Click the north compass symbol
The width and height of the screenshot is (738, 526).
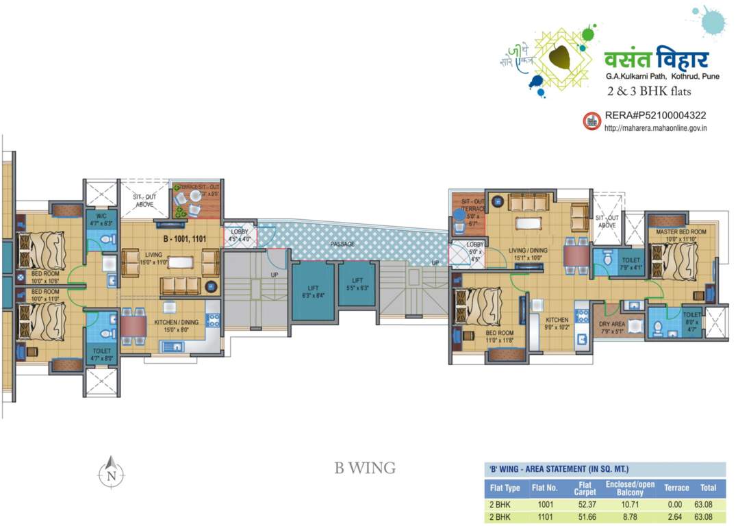pos(110,473)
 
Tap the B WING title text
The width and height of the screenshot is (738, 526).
pos(365,468)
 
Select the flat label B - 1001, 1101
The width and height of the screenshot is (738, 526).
pos(185,240)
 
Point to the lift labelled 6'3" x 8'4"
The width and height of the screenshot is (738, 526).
pos(314,291)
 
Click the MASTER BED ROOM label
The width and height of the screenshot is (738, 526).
pos(680,232)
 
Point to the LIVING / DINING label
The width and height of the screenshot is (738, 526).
pos(529,251)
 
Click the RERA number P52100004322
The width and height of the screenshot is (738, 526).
pos(655,116)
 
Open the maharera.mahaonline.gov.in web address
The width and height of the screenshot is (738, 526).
pos(655,128)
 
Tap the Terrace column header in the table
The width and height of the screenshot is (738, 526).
pos(676,488)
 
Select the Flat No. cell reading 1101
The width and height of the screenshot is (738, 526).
pos(545,517)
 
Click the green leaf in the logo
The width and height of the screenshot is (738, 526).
pos(562,58)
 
